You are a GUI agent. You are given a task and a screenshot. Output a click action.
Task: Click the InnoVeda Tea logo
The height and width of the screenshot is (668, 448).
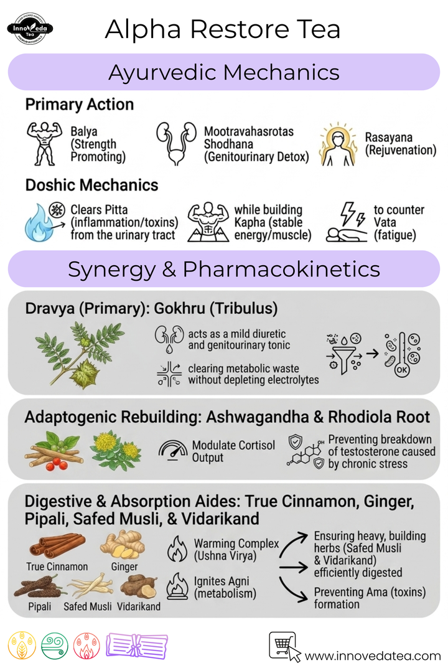point(30,29)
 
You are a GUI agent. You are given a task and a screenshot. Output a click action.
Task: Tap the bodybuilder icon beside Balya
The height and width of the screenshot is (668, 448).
point(44,144)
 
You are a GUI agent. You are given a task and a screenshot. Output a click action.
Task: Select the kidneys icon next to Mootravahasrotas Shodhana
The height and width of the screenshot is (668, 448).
point(176,144)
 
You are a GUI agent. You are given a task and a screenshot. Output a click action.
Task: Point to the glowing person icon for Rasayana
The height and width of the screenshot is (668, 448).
point(338,144)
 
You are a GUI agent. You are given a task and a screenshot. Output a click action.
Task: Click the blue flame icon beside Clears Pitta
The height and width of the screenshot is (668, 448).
point(39,223)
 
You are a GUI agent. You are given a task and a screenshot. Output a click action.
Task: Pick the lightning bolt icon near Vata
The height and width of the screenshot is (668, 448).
point(353,214)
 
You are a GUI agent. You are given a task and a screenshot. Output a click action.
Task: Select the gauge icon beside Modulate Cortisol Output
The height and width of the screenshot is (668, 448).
point(173,450)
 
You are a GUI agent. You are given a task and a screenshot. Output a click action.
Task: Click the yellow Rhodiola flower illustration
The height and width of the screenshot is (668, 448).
point(115,449)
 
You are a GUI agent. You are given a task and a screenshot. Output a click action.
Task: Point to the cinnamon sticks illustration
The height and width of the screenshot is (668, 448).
point(57,545)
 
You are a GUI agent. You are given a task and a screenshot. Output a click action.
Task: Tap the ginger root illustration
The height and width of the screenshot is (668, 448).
point(123,545)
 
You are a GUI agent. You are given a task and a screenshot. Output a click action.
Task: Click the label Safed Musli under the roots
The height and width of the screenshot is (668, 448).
point(87,606)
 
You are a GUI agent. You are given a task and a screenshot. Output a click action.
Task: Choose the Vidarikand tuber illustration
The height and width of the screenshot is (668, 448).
point(139,586)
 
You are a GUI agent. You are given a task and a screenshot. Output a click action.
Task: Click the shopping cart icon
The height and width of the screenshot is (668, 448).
point(282,645)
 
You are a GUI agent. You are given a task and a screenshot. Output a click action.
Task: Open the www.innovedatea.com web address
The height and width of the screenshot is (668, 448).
point(373,656)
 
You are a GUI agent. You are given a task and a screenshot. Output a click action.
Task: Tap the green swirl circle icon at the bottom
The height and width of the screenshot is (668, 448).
point(55,646)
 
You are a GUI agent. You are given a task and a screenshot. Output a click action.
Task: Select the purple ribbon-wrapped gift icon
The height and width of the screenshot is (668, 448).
point(137,646)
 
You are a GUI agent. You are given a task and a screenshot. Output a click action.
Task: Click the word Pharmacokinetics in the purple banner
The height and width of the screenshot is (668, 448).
point(281,269)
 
